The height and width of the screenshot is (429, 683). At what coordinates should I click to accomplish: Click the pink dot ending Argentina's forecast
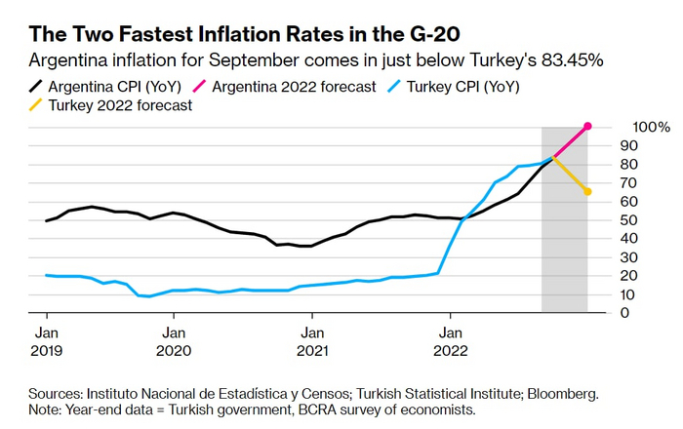587,126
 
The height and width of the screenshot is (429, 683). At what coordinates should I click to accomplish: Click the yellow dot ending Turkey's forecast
587,191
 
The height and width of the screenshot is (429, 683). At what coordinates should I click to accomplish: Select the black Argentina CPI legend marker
37,87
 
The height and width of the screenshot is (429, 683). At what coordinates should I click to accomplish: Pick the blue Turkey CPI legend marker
394,87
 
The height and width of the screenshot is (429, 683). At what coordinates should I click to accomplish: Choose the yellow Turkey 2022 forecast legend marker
37,105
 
